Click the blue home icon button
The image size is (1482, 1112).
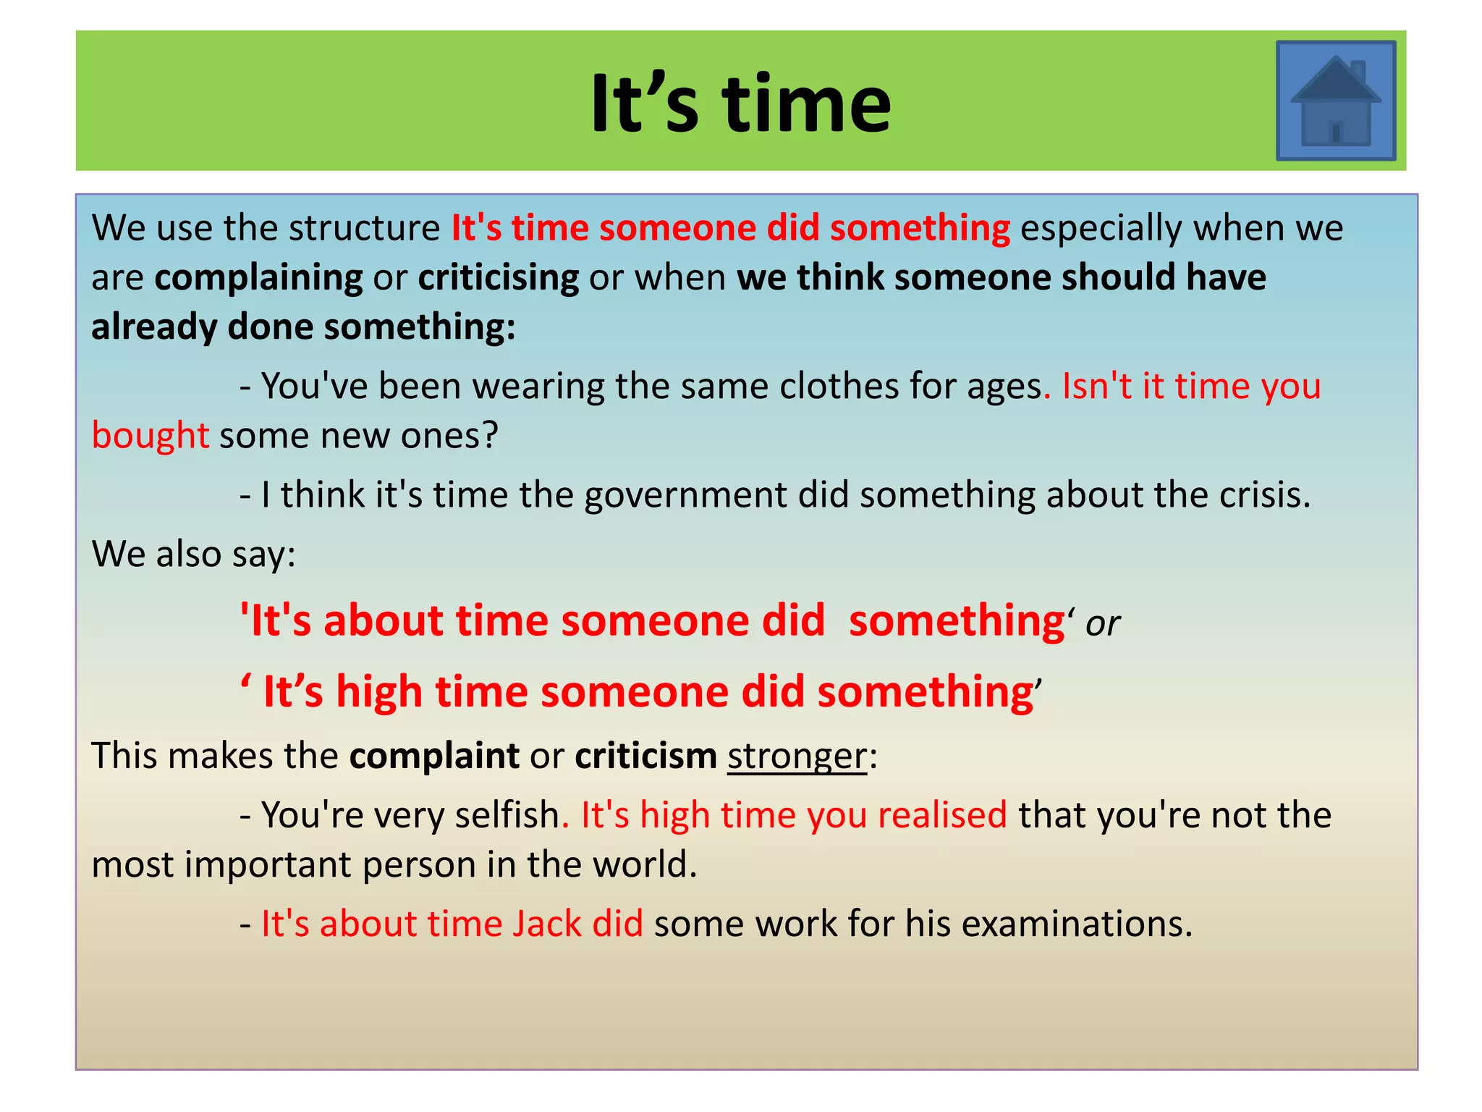(1335, 101)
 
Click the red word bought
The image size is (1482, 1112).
(151, 436)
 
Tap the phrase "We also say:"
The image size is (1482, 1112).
(194, 555)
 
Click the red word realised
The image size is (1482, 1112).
(942, 815)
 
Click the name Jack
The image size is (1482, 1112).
(547, 924)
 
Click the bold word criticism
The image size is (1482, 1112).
(645, 757)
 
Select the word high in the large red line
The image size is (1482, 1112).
(379, 692)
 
